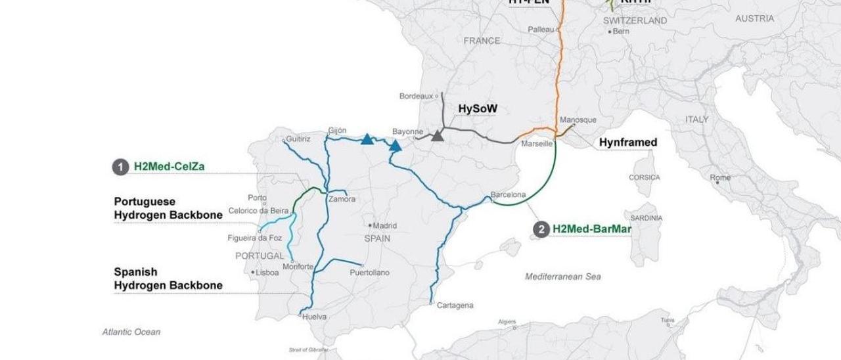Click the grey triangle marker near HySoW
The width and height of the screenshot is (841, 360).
coord(437,136)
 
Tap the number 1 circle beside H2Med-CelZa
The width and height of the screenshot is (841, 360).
coord(120,167)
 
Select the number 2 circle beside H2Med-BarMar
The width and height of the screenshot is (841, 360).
coord(541,229)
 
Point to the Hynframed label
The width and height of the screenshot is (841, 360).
coord(627,141)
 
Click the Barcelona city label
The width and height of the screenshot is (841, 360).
coord(509,195)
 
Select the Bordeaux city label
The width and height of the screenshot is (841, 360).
coord(417,96)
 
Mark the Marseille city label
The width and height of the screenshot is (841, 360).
coord(536,143)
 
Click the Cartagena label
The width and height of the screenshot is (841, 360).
coord(455,305)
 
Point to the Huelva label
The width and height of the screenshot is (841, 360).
coord(314,317)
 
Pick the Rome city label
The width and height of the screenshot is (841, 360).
coord(720,177)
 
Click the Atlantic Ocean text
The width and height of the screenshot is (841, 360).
coord(131,332)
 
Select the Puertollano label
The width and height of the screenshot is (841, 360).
coord(369,272)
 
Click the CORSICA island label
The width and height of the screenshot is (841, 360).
coord(644,177)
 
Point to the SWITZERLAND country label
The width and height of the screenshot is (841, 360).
coord(634,20)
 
